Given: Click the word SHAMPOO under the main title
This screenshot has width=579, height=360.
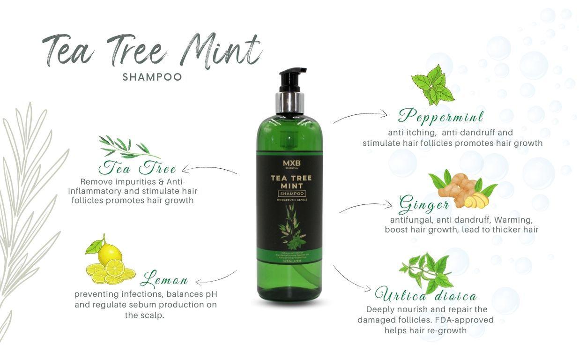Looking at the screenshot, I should (x=152, y=77).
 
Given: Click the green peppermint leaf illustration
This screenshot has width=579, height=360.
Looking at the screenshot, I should (x=432, y=85).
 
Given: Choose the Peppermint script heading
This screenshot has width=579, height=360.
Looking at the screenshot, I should (x=441, y=116).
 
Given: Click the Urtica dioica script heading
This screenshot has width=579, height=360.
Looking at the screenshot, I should (x=426, y=295).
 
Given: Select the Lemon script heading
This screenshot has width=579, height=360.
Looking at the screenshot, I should (x=164, y=280).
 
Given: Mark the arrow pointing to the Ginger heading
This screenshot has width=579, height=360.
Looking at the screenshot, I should (x=366, y=206).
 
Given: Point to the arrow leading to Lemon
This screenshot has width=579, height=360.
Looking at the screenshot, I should (x=216, y=278).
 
